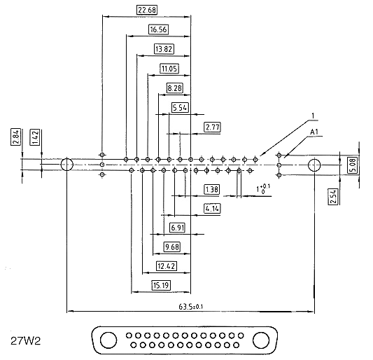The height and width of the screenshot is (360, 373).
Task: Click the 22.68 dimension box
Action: coord(147,10)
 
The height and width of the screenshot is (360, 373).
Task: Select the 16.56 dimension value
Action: coord(158,29)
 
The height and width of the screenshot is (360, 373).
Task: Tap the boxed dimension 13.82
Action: coord(164,49)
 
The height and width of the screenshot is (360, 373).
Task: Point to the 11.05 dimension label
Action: coord(169,69)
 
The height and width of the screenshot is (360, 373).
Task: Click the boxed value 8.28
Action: coord(175,88)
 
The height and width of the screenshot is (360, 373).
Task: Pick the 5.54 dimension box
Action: coord(180,108)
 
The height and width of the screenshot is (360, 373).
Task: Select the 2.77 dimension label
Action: coord(213,127)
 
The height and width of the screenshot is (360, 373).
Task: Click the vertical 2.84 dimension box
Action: coord(15,137)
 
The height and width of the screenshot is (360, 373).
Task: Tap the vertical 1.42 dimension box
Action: coord(35,137)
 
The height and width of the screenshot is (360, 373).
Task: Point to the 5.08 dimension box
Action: coord(353,165)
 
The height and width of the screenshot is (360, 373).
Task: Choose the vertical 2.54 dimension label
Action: coord(333,197)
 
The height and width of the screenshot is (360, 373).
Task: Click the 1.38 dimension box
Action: coord(211,190)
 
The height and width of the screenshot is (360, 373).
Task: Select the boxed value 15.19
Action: coord(161,285)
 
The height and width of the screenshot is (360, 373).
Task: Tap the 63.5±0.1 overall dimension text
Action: coord(191,307)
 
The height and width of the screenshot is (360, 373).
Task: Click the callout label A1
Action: coord(314,132)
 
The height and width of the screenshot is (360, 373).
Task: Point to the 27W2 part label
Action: coord(26,341)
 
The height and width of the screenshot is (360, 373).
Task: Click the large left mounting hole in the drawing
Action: coord(67,165)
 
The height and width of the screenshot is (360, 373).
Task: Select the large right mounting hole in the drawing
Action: coord(314,165)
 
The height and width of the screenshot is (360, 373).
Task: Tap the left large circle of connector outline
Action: coord(108,340)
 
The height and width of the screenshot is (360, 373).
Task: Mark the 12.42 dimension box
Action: coord(167,266)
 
